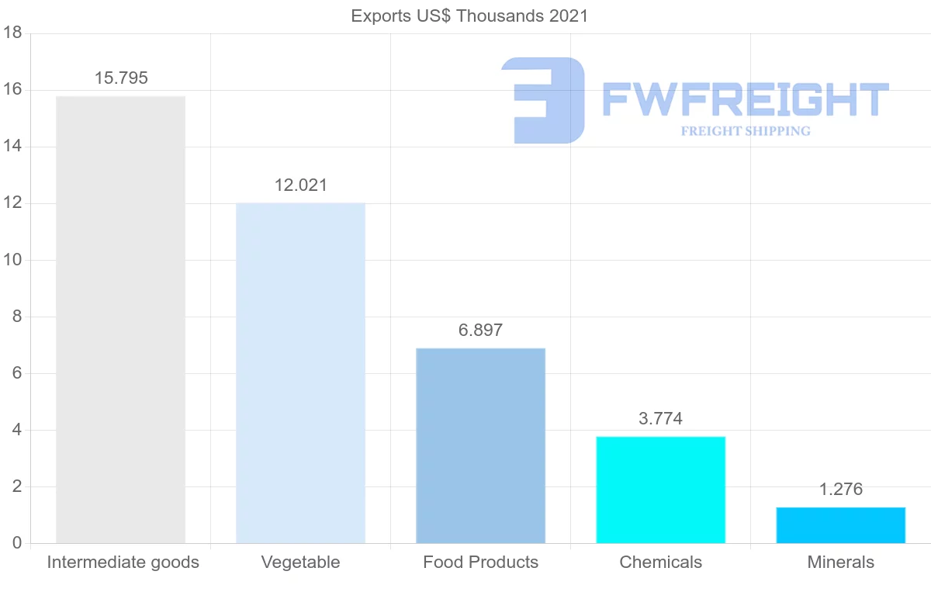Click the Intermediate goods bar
120,320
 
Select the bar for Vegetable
300,373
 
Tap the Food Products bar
480,445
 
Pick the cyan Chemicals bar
660,490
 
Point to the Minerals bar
840,525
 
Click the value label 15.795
121,78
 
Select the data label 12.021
301,185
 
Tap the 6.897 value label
480,331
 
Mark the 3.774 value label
660,419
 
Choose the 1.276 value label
840,490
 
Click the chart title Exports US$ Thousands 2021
469,16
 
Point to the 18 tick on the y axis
12,33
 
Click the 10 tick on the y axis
12,260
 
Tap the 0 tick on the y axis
16,543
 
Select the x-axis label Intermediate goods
123,563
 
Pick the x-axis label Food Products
480,563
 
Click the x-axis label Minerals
840,563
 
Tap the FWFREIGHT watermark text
745,99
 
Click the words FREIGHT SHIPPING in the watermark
746,131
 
